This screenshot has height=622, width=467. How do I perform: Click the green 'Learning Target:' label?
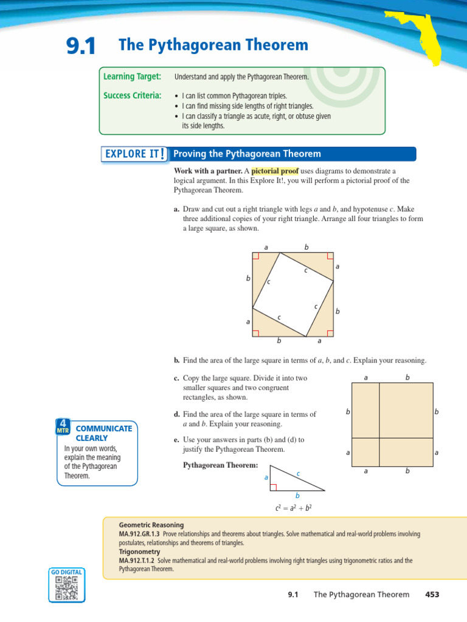[x=132, y=77]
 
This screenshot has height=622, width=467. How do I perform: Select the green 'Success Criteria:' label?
[x=132, y=95]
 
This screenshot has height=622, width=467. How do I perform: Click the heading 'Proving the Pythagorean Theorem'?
[x=247, y=154]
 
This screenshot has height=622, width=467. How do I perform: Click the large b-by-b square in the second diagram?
[x=406, y=411]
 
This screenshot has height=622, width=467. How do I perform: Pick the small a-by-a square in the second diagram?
[x=365, y=452]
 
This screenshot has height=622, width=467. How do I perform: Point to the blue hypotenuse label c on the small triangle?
[x=298, y=473]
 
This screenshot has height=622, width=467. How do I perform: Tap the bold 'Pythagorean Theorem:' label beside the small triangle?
[x=221, y=465]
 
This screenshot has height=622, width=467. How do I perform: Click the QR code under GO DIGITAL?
[x=66, y=588]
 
